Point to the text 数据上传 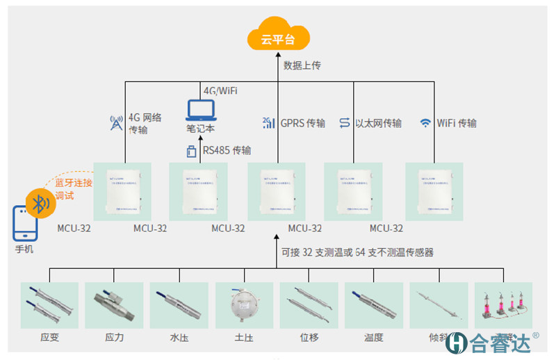302,65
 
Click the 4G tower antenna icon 116,124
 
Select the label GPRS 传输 302,123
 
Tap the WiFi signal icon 425,123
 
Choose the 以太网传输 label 378,123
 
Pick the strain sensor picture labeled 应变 49,304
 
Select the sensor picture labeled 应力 114,304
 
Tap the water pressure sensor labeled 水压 179,304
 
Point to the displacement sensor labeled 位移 309,304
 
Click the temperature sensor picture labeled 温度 373,304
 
